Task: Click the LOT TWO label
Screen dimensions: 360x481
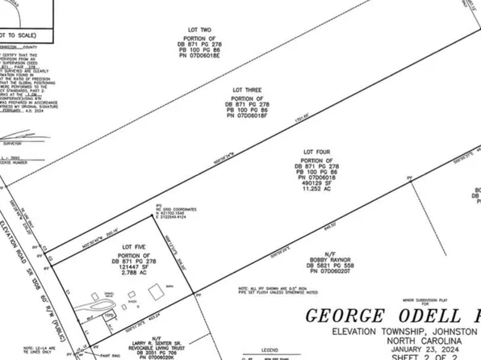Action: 188,31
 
